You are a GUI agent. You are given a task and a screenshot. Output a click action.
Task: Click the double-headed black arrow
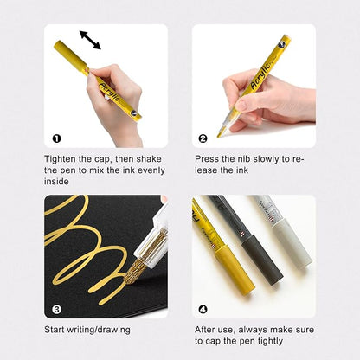(90, 40)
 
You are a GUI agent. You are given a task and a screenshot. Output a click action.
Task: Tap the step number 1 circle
(57, 138)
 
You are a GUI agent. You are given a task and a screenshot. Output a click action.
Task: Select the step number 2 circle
(203, 138)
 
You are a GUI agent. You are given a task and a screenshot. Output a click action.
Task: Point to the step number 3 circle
(57, 310)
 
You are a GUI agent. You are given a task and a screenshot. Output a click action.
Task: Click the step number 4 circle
(203, 310)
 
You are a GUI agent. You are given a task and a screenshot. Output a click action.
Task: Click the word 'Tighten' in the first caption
(60, 159)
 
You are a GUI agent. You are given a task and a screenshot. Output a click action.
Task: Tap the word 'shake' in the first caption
(149, 159)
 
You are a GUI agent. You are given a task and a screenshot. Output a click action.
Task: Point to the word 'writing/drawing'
(99, 330)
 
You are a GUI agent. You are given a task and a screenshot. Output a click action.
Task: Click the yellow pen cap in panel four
(235, 270)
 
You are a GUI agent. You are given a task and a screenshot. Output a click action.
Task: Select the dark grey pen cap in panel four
(262, 259)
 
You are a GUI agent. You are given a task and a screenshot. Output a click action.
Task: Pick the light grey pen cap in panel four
(292, 242)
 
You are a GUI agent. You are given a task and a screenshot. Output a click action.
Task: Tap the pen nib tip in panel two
(219, 134)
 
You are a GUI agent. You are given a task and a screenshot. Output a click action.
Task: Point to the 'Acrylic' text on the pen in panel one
(109, 92)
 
